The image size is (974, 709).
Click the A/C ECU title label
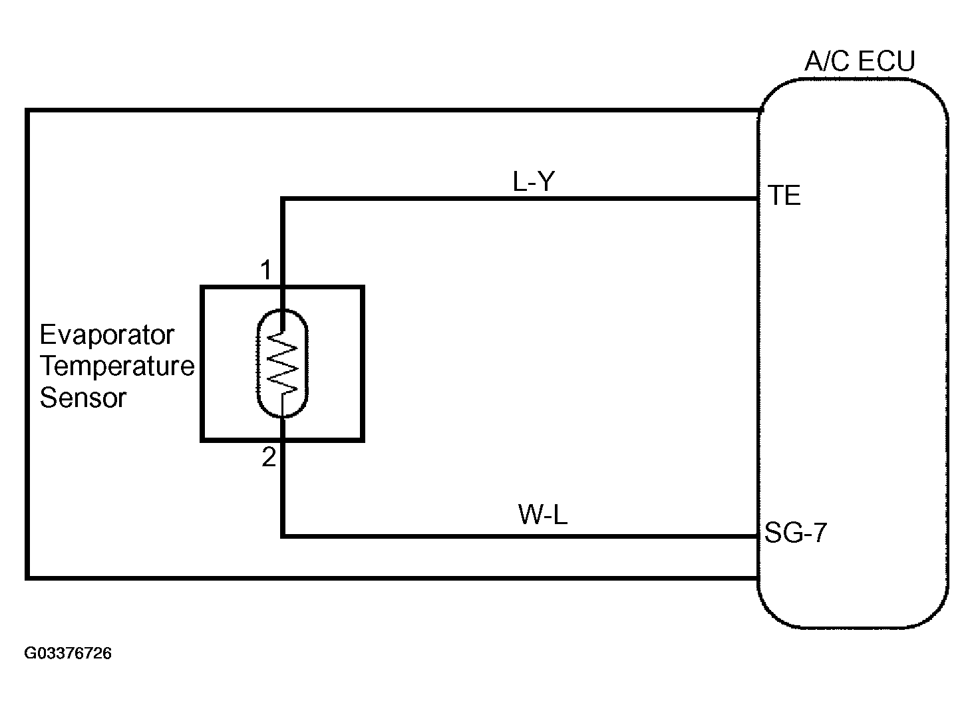coord(860,61)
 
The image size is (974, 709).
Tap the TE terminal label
coord(784,195)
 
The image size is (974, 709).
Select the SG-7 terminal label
coord(795,533)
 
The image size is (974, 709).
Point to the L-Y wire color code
coord(534,182)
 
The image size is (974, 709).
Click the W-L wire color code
coord(543,515)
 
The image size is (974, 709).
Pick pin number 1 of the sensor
coord(266,270)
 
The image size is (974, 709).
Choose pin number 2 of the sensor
coord(269,457)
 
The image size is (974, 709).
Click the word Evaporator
coord(107,335)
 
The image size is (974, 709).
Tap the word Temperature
coord(117,366)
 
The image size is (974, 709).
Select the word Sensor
coord(83,397)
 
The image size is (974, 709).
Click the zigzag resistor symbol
coord(282,363)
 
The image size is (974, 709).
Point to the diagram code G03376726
coord(68,653)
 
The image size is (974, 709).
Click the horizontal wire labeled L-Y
coord(520,199)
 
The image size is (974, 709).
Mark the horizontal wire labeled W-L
coord(520,536)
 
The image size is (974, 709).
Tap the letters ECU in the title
coord(887,61)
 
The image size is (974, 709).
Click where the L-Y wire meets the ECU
coord(758,199)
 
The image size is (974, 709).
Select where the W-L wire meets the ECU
coord(758,536)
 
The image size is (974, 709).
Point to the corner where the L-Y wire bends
coord(283,199)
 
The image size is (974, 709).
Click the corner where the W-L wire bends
coord(283,536)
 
